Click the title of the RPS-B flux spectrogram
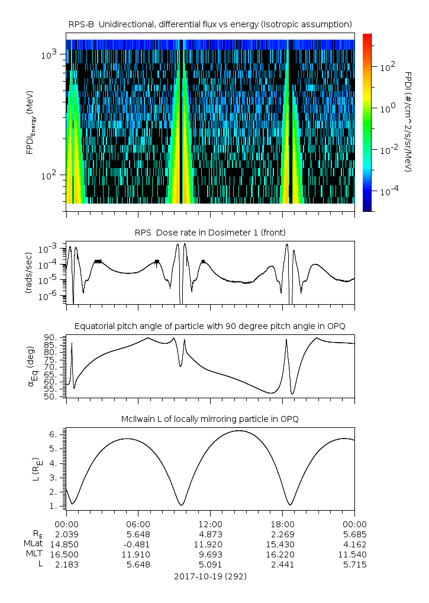210,24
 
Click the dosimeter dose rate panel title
210,232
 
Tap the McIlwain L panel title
210,419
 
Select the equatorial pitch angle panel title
210,326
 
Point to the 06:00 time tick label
138,524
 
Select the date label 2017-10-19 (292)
210,576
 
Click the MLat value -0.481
138,544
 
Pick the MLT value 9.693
210,554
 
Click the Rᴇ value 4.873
210,534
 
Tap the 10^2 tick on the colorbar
387,67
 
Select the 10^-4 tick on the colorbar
388,192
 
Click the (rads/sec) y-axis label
28,272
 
